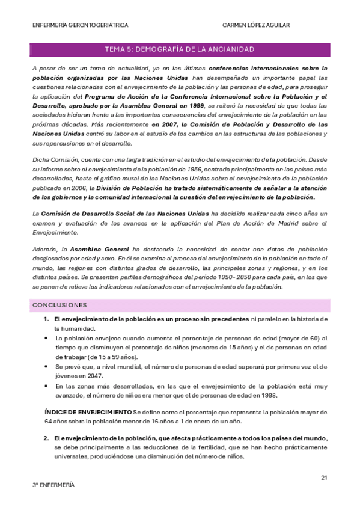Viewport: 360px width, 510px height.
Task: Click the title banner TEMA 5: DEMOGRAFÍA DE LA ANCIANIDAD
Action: click(x=179, y=49)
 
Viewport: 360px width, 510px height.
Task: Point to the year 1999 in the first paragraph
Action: click(x=197, y=105)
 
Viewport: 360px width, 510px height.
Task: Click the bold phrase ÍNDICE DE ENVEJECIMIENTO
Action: click(x=88, y=412)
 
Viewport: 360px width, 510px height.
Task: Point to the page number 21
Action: click(x=324, y=478)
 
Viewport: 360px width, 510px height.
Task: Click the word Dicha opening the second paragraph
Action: click(x=42, y=161)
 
